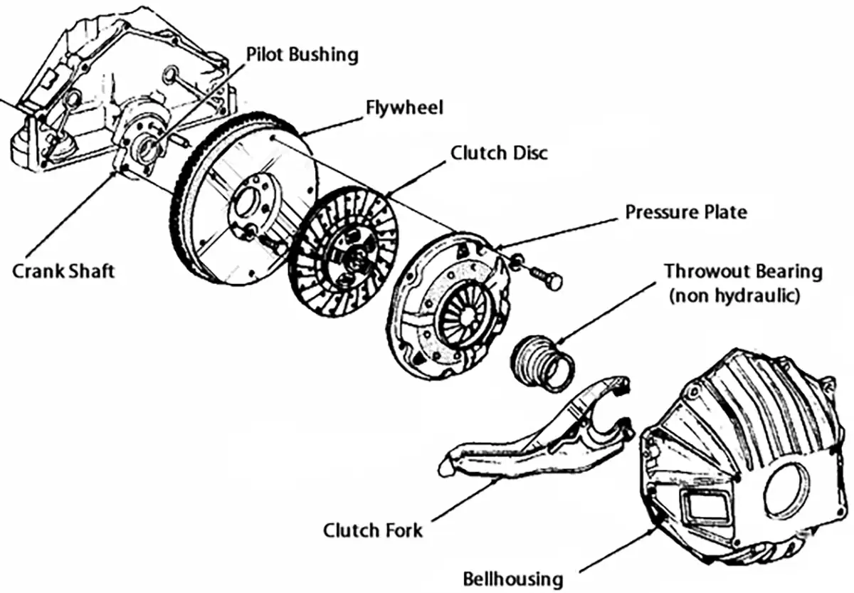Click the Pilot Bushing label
pyautogui.click(x=302, y=54)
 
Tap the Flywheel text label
pyautogui.click(x=404, y=107)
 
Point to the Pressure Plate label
pyautogui.click(x=686, y=211)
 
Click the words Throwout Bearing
pyautogui.click(x=743, y=271)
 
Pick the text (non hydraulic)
pyautogui.click(x=734, y=295)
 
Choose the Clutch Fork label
pyautogui.click(x=372, y=530)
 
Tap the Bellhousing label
pyautogui.click(x=512, y=577)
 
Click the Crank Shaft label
pyautogui.click(x=63, y=271)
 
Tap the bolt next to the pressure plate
pyautogui.click(x=545, y=277)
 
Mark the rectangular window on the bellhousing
pyautogui.click(x=704, y=511)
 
